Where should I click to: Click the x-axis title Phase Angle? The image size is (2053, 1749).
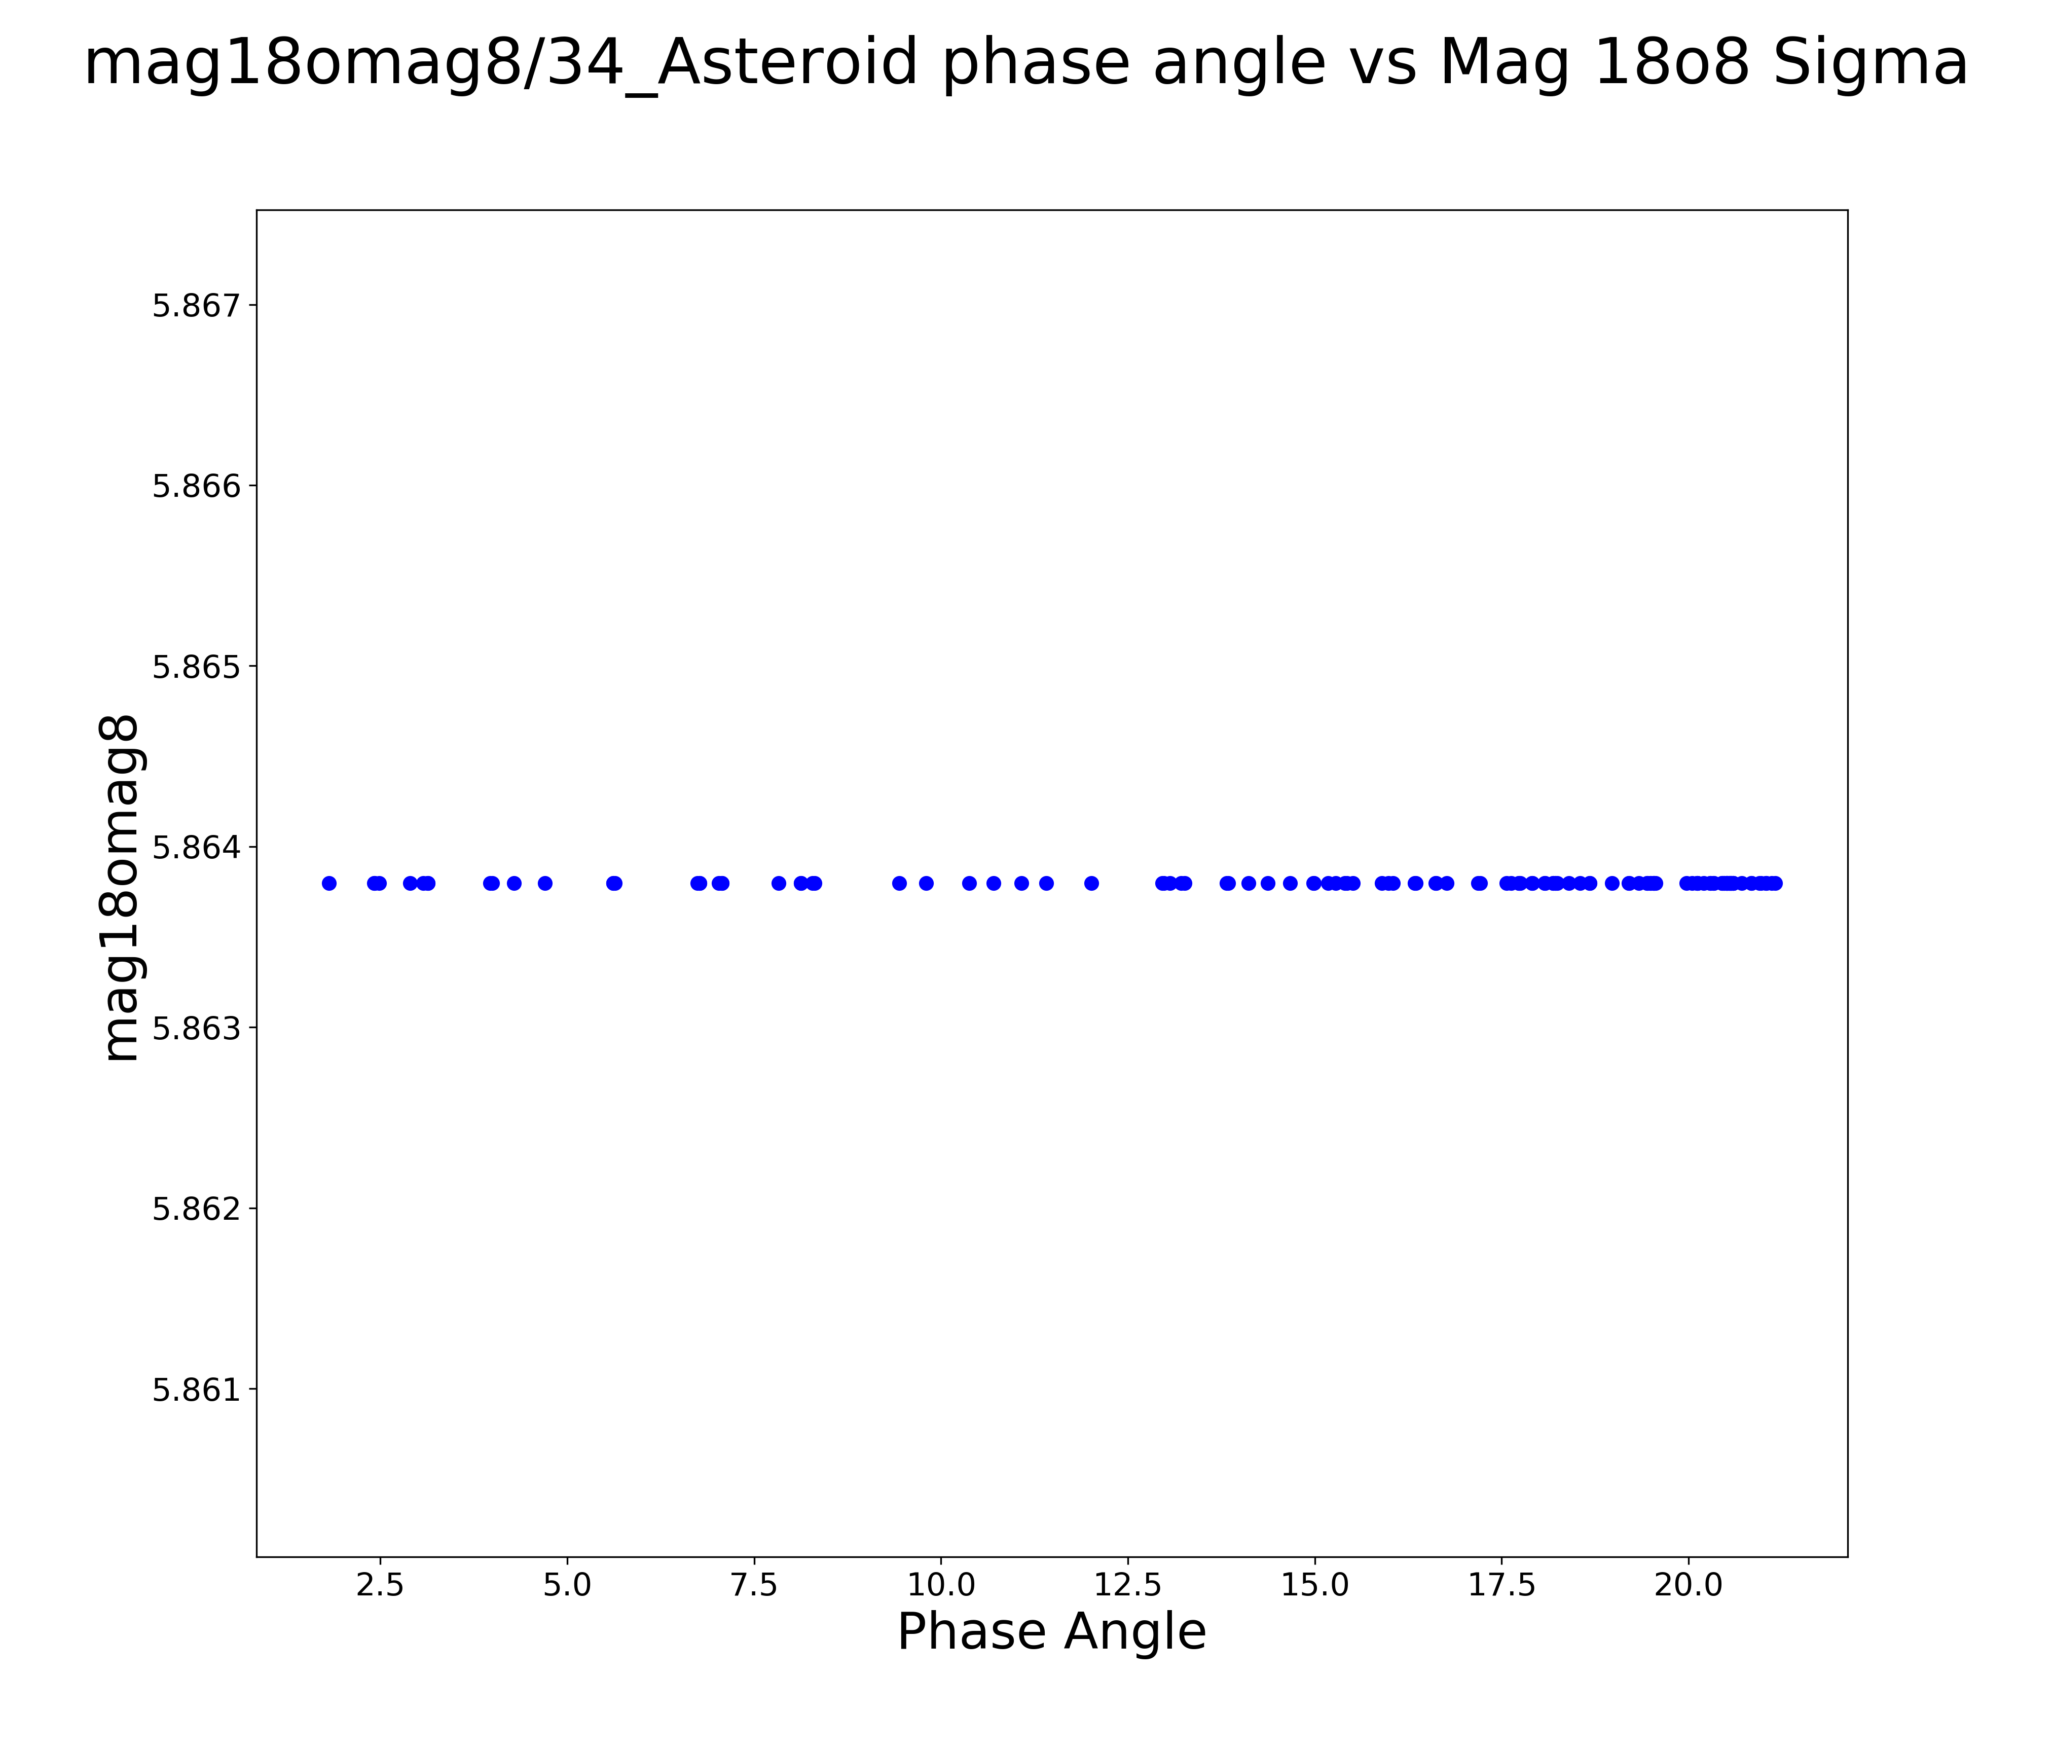tap(1051, 1632)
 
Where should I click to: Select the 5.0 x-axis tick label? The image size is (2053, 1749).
tap(567, 1584)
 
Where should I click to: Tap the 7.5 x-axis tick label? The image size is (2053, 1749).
tap(754, 1584)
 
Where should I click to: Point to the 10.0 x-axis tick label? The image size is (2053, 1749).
tap(941, 1584)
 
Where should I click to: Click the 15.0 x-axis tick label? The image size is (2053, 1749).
tap(1315, 1584)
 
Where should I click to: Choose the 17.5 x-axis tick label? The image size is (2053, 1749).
tap(1502, 1584)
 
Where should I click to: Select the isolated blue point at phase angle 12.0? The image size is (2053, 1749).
tap(1091, 883)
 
